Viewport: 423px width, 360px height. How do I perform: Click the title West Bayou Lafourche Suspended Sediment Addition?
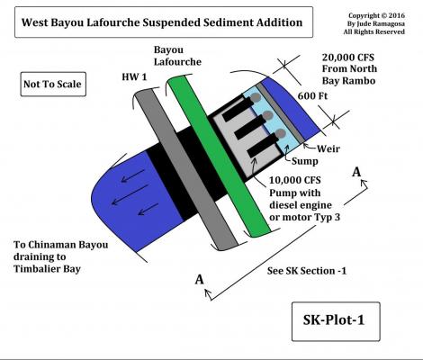(162, 22)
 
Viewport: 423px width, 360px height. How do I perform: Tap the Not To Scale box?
(53, 84)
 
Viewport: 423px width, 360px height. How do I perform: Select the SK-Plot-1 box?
(336, 321)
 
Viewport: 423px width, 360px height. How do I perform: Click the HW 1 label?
(134, 77)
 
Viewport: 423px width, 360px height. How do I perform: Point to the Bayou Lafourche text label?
(177, 56)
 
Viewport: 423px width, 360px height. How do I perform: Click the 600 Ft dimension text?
(312, 96)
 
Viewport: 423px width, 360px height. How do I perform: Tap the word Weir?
(328, 148)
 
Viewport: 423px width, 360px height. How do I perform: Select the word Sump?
(305, 161)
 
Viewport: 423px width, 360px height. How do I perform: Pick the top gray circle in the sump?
(256, 97)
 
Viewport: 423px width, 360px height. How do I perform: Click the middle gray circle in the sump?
(268, 115)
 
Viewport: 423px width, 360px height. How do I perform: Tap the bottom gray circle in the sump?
(281, 134)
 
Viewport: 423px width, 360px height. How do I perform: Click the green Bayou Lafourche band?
(219, 156)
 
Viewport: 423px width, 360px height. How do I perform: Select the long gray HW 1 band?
(186, 170)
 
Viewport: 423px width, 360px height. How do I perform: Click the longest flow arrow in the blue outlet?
(130, 195)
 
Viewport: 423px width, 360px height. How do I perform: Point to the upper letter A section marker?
(356, 172)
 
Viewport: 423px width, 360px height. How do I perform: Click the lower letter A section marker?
(199, 280)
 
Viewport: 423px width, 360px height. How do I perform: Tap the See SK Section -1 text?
(307, 271)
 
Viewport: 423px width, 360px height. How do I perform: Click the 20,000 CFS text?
(348, 58)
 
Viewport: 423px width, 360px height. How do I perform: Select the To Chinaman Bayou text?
(61, 245)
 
